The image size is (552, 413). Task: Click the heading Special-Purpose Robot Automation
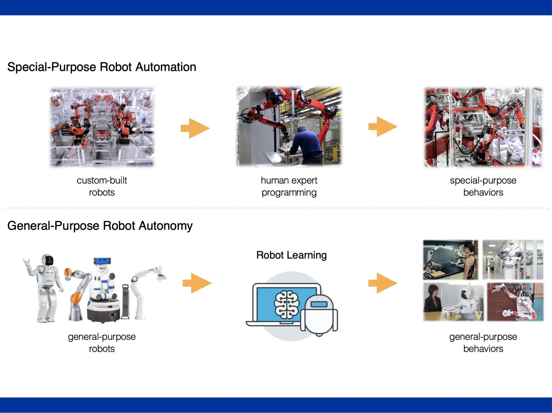(102, 67)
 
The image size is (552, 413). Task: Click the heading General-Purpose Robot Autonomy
(100, 226)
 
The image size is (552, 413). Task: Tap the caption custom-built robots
(102, 186)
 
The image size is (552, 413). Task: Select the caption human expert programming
(289, 186)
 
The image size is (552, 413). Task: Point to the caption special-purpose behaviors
(483, 186)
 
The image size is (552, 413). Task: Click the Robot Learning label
(291, 255)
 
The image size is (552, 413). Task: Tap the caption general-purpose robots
(102, 342)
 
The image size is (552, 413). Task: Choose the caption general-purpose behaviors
(483, 342)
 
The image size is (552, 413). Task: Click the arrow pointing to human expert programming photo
(195, 128)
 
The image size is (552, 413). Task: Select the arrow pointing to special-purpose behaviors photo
(383, 127)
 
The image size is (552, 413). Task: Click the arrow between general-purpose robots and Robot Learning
(197, 283)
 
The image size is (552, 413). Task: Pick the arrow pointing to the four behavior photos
(383, 283)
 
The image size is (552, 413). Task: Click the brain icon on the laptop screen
(287, 303)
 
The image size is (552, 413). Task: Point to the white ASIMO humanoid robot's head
(48, 260)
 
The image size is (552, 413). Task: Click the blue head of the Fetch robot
(102, 261)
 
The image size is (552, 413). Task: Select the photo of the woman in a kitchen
(450, 260)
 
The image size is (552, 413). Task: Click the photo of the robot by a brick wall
(515, 302)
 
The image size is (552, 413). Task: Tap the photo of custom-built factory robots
(102, 127)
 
